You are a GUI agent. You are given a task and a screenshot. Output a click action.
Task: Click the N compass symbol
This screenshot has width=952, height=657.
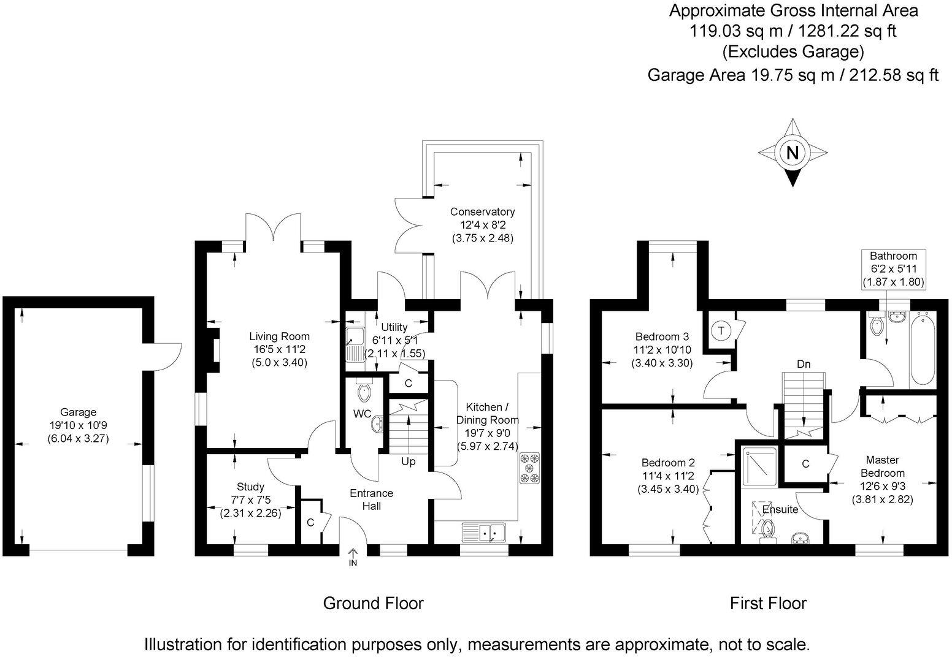[792, 153]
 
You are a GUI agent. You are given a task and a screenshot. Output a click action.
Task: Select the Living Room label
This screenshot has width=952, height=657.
[279, 349]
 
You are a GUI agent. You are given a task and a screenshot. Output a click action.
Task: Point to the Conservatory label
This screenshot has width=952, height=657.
[482, 224]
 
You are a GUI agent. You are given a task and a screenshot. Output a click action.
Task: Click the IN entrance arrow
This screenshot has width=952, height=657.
[353, 556]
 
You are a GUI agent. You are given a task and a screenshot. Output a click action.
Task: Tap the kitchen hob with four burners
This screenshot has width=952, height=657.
[529, 468]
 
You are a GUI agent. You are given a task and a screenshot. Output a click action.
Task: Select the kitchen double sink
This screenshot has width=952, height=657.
[484, 533]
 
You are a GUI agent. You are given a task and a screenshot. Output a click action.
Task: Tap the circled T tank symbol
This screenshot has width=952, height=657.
[721, 331]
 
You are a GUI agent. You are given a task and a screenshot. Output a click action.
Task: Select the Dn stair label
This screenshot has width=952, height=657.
[804, 364]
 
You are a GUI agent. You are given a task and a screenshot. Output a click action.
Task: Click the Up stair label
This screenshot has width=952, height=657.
[408, 461]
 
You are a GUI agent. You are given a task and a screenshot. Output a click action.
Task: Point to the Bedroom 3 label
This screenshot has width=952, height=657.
[662, 349]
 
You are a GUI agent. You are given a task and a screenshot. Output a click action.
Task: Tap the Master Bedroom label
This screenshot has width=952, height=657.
[882, 466]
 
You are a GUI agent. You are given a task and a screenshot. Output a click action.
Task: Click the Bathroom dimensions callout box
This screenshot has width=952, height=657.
[893, 268]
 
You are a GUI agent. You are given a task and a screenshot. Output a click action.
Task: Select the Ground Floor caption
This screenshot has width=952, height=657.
[373, 603]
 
